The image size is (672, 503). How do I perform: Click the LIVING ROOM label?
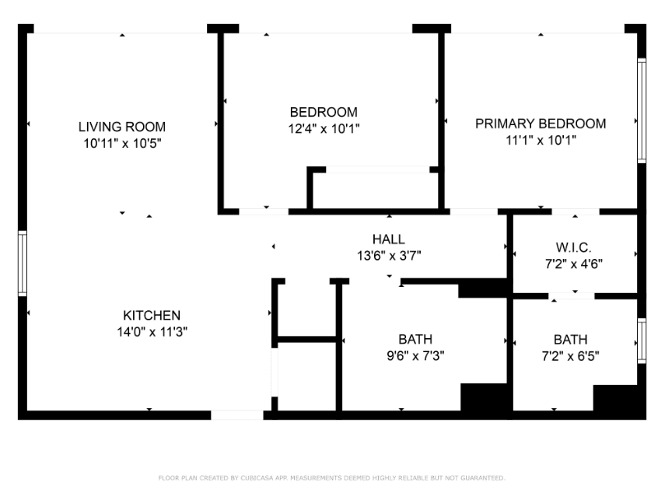(122, 127)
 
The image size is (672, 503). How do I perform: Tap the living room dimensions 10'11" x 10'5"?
(122, 144)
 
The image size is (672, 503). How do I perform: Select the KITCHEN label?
(152, 315)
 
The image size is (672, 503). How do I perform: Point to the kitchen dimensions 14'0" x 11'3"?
(152, 332)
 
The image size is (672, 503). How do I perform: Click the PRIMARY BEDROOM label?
(541, 124)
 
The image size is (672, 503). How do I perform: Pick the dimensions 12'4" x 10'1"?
(324, 128)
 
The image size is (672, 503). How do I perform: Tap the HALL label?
(388, 239)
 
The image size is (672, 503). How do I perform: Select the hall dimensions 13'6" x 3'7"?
(388, 255)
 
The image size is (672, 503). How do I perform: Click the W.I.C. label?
(574, 246)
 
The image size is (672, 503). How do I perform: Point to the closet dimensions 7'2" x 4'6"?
(574, 264)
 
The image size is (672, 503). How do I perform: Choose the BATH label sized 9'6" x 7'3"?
(415, 339)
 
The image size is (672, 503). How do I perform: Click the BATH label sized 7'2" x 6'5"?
(570, 340)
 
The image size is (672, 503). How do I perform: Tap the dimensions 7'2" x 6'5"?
(570, 357)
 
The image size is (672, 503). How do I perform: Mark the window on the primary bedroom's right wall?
(642, 110)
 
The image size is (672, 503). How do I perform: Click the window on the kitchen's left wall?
(23, 264)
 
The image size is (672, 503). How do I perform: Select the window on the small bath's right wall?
(642, 341)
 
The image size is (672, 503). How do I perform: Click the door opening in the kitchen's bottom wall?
(237, 415)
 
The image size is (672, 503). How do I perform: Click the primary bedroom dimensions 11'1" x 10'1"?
(541, 141)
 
